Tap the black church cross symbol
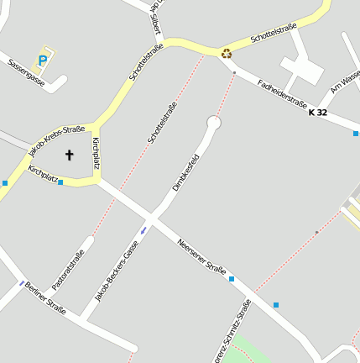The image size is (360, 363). tap(69, 155)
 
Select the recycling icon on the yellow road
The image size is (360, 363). tap(226, 54)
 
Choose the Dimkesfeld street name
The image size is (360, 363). tap(185, 172)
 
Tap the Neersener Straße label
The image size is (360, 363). tap(202, 257)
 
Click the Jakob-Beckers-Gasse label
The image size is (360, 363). tap(117, 271)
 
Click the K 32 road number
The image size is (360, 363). tap(317, 112)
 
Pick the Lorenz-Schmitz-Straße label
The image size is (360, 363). tap(232, 331)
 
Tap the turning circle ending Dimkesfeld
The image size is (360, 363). tap(213, 123)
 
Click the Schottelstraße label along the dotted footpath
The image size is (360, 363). tap(162, 122)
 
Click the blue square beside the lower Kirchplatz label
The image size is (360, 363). tap(60, 181)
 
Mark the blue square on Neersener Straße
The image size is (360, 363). tap(232, 278)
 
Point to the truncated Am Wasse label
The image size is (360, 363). tap(346, 82)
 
